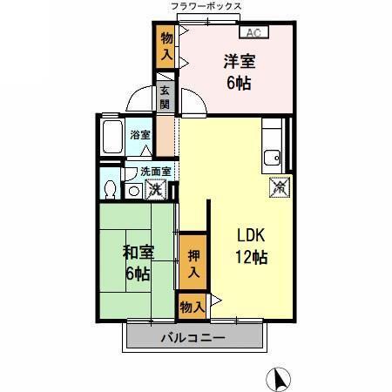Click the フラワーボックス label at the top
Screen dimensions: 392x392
click(x=206, y=6)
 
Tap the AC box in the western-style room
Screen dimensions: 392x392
click(x=253, y=34)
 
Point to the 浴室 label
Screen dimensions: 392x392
click(x=139, y=135)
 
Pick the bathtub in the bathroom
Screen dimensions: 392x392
click(x=112, y=137)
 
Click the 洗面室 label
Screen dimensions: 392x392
click(x=145, y=172)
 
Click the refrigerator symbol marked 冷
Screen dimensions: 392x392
click(x=279, y=186)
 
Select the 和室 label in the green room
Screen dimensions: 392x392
click(x=136, y=253)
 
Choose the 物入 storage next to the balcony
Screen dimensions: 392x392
click(x=193, y=307)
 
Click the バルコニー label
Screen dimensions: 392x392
click(x=193, y=338)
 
